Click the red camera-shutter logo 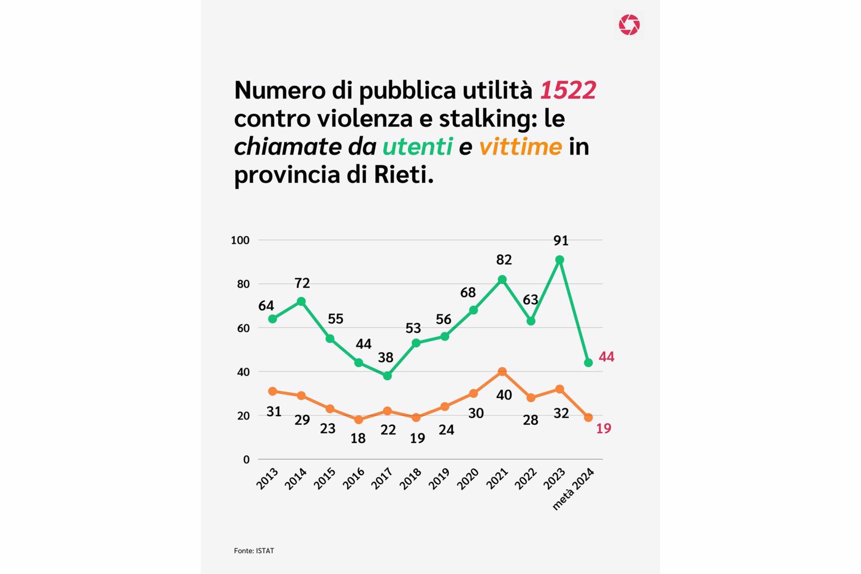(x=629, y=25)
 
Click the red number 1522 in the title (x=568, y=90)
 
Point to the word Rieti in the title (x=403, y=175)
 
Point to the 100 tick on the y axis (x=240, y=240)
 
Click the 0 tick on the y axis (x=247, y=459)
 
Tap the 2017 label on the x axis (x=382, y=479)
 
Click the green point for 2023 (x=559, y=260)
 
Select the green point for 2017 (x=387, y=376)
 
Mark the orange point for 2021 (x=502, y=372)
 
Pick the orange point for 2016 (x=359, y=420)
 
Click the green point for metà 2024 (x=588, y=363)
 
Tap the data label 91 (x=561, y=241)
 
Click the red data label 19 (x=604, y=428)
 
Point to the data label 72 (x=302, y=283)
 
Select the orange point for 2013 (x=272, y=391)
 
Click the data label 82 (x=504, y=260)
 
